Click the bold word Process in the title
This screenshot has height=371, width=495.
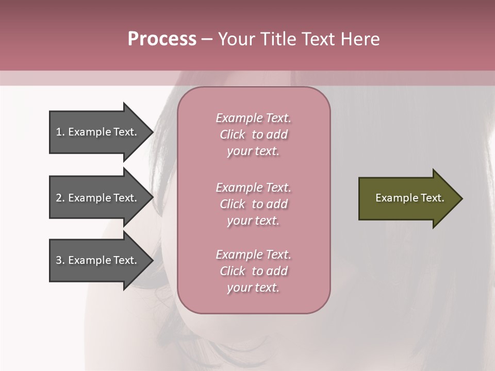pyautogui.click(x=162, y=39)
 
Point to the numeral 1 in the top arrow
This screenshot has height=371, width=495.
pyautogui.click(x=59, y=132)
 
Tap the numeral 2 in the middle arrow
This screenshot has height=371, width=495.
pyautogui.click(x=59, y=198)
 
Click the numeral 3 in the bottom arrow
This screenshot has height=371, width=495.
pyautogui.click(x=59, y=260)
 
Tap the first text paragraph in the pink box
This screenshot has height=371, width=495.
pyautogui.click(x=253, y=134)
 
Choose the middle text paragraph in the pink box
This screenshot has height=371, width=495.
pyautogui.click(x=253, y=204)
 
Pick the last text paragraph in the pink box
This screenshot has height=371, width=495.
pyautogui.click(x=253, y=271)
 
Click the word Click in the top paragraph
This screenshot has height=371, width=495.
pyautogui.click(x=233, y=134)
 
